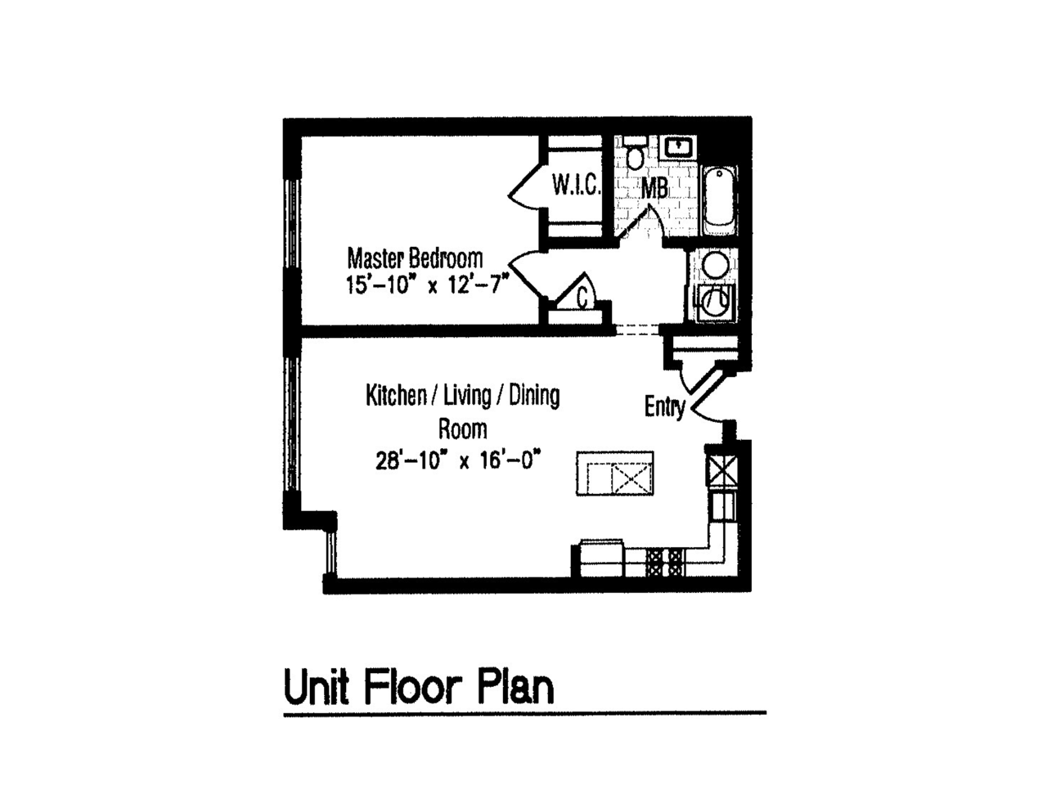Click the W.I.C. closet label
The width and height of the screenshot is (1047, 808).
(x=576, y=185)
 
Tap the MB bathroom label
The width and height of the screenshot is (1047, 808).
(x=654, y=188)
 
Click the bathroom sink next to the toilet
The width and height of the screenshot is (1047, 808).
(x=678, y=148)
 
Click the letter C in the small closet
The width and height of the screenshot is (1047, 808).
(x=582, y=299)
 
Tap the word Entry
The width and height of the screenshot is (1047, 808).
(x=664, y=406)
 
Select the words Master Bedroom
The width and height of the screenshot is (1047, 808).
(x=415, y=258)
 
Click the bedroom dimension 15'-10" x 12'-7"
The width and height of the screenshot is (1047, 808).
(x=427, y=285)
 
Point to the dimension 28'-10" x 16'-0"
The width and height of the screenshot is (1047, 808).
(x=460, y=460)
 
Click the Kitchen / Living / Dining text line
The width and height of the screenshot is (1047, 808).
(x=462, y=396)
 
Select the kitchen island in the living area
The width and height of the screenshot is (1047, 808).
(x=614, y=474)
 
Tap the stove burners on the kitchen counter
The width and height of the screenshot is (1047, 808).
(x=665, y=561)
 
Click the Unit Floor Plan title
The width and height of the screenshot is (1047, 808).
(x=418, y=687)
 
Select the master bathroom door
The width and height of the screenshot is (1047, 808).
(x=643, y=222)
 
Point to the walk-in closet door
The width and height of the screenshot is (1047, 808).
(x=524, y=187)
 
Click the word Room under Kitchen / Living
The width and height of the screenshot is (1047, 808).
(x=462, y=429)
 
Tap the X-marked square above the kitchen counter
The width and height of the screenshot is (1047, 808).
(x=721, y=469)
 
